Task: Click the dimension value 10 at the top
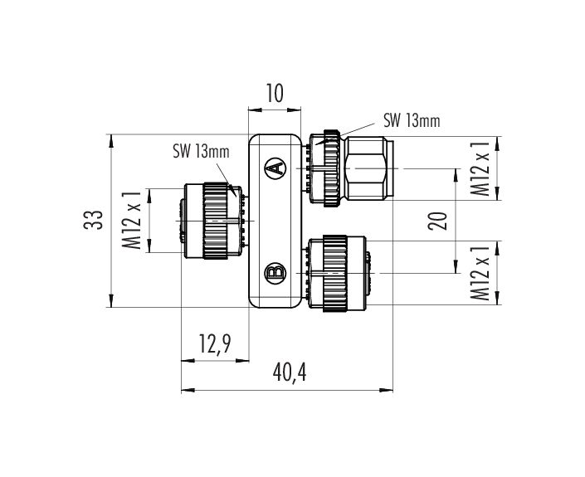click(x=275, y=93)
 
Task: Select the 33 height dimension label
click(x=97, y=221)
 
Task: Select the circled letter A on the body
click(x=275, y=168)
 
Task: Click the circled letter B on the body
click(x=275, y=271)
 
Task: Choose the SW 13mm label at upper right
click(x=411, y=121)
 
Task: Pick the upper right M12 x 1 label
click(x=479, y=168)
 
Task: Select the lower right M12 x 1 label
click(x=479, y=271)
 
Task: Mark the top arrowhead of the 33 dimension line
click(x=112, y=141)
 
